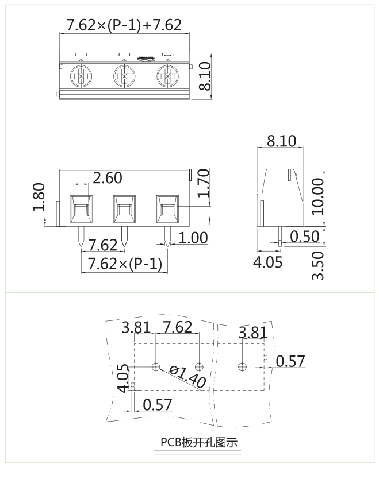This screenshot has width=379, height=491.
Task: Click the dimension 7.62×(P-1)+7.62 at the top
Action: coord(124,25)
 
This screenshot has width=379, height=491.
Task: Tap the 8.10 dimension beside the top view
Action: coord(205,76)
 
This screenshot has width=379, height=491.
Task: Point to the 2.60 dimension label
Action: coord(108,178)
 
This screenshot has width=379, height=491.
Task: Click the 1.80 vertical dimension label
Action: coord(39,197)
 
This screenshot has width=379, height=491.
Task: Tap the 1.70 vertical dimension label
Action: coord(204,183)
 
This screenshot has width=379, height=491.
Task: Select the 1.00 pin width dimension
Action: coord(193,238)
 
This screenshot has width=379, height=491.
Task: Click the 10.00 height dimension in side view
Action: coord(317,196)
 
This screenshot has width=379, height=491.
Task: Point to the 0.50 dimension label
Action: coord(305,237)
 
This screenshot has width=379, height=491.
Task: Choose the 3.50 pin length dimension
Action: coord(317,265)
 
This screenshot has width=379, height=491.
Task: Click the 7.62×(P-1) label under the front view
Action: coord(124,264)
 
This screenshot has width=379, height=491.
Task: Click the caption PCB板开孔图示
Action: coord(198,443)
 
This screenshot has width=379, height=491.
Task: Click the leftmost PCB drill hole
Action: coord(156,366)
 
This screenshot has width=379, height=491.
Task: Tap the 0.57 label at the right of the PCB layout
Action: coord(290,361)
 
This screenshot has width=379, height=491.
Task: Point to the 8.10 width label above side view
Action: coord(281,141)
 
